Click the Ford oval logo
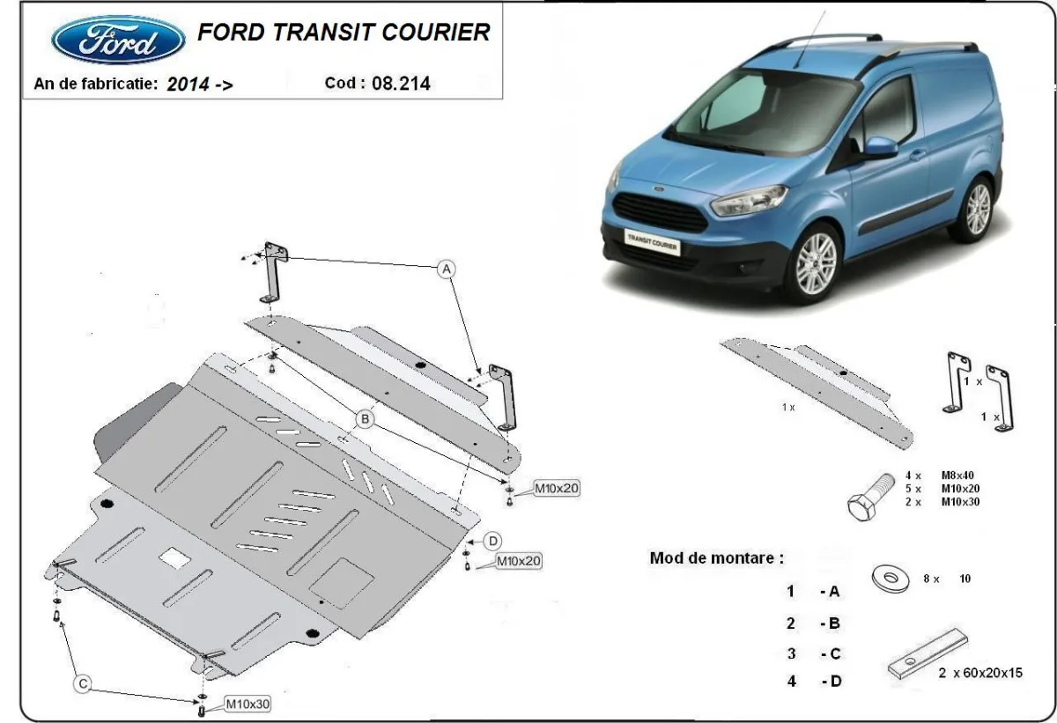click(x=118, y=40)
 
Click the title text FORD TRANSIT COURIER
click(x=344, y=33)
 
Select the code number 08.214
click(x=402, y=84)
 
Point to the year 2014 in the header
click(x=188, y=85)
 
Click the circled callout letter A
click(x=447, y=268)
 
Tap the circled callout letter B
click(x=364, y=420)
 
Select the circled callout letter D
click(x=493, y=540)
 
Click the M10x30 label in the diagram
click(x=248, y=704)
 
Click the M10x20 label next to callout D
click(x=519, y=560)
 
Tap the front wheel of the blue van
click(x=814, y=263)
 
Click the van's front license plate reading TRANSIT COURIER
click(x=653, y=240)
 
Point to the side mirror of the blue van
click(x=878, y=147)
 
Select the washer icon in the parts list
click(x=890, y=579)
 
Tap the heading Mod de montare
click(x=716, y=557)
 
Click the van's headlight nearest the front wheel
click(x=748, y=201)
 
